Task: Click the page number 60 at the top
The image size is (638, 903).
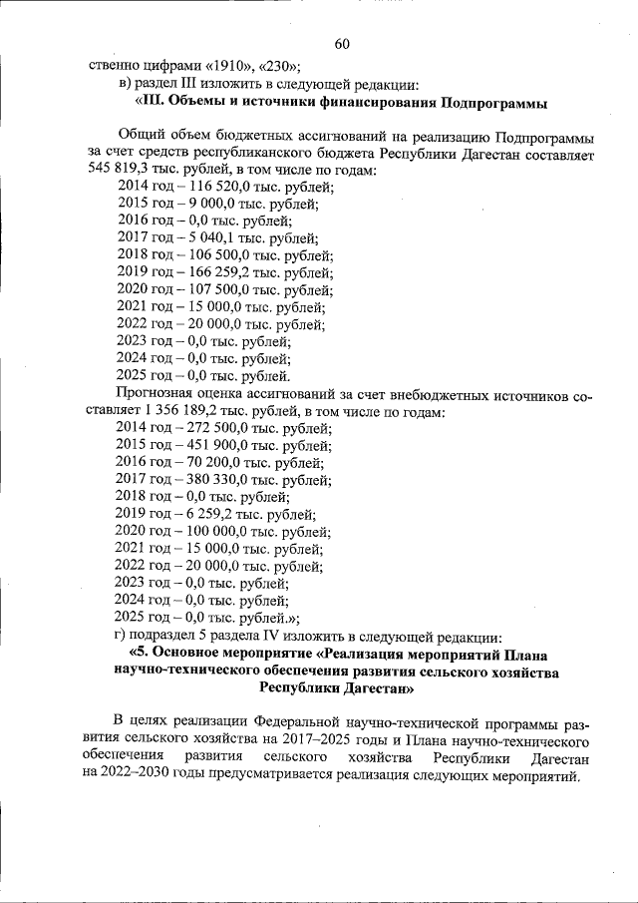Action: (x=342, y=43)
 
